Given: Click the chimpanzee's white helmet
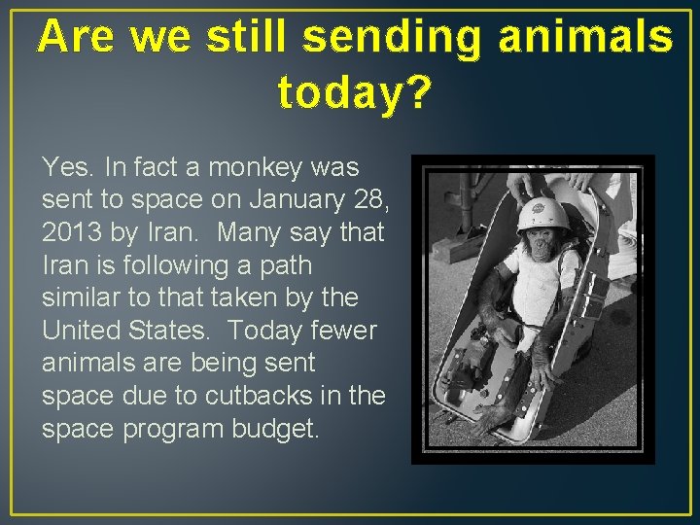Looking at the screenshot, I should [x=542, y=213].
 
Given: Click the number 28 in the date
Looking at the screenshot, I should [x=364, y=200].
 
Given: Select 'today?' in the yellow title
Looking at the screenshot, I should [x=354, y=92].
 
